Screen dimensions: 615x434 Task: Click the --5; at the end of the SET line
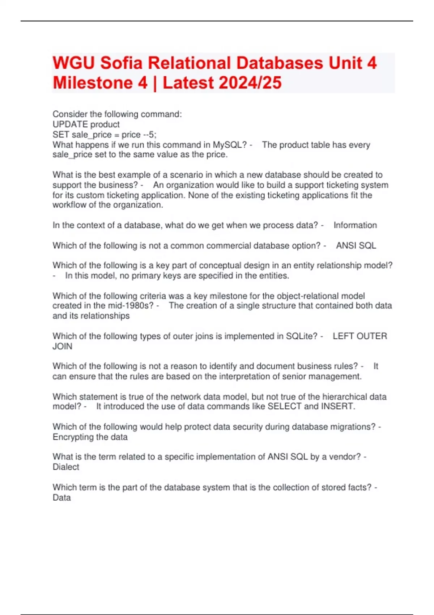click(x=150, y=135)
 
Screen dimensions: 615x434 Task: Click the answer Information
click(x=355, y=225)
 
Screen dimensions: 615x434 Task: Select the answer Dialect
click(x=66, y=467)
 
